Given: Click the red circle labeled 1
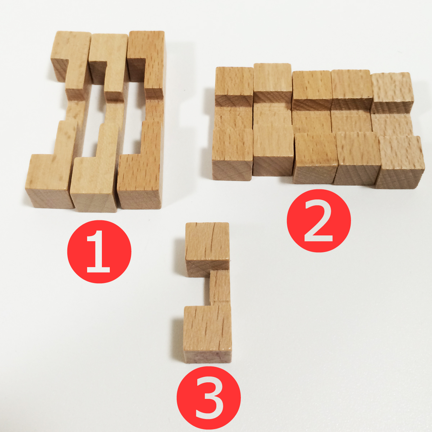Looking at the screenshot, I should click(99, 252).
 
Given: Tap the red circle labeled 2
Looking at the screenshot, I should click(319, 220).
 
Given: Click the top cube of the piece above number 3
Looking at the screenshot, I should click(207, 245).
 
